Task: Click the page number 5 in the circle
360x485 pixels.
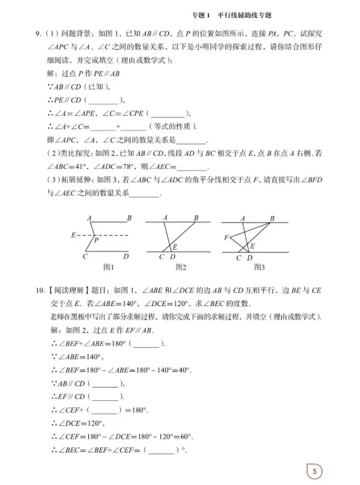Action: (x=315, y=471)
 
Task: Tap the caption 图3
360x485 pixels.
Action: (x=259, y=268)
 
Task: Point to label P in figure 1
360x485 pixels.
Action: (x=96, y=241)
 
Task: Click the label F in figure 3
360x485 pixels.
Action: (x=227, y=237)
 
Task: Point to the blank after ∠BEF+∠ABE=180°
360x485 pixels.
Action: (x=147, y=343)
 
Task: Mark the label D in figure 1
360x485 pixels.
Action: (x=125, y=256)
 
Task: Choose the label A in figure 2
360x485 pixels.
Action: (x=164, y=217)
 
